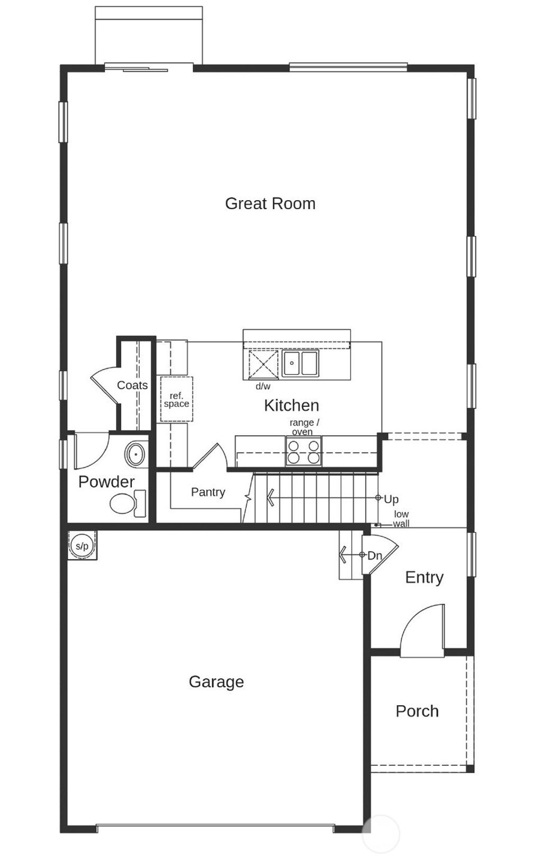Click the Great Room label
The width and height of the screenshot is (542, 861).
270,203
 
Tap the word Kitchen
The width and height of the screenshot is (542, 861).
291,405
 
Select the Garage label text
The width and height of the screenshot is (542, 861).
216,681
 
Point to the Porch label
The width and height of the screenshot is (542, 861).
417,711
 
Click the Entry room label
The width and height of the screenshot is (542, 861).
424,577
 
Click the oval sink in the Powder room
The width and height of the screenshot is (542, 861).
135,454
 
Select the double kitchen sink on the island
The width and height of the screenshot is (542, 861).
300,363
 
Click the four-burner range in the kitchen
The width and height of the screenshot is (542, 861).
303,451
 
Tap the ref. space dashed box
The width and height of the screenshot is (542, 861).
176,399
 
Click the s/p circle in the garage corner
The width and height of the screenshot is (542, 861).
82,545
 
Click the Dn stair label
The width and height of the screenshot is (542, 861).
374,555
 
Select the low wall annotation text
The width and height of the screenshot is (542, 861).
401,518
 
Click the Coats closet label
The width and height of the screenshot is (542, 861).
132,385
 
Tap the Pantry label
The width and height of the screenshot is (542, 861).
208,492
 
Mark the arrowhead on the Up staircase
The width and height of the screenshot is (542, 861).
270,498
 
